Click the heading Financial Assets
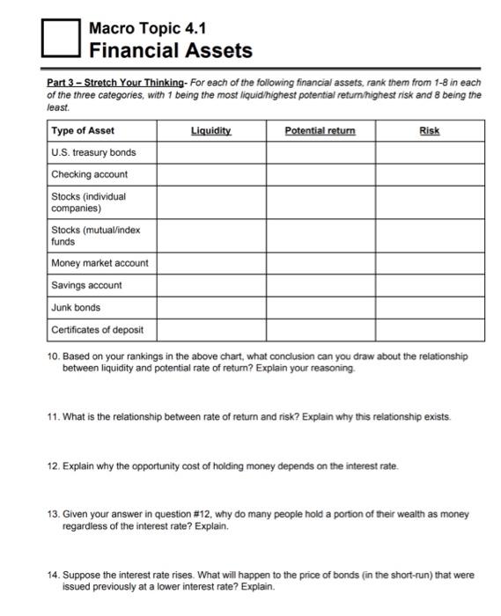click(x=171, y=51)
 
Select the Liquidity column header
click(x=210, y=130)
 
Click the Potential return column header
click(x=320, y=130)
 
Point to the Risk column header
click(x=429, y=130)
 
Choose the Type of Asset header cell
click(x=83, y=130)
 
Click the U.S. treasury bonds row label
click(x=93, y=152)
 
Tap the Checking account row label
click(x=89, y=174)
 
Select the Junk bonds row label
click(x=76, y=307)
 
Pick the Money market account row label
click(x=99, y=262)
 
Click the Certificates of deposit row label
click(x=98, y=330)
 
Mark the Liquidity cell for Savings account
click(x=211, y=285)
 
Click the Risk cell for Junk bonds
click(x=429, y=307)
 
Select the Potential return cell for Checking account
click(x=320, y=174)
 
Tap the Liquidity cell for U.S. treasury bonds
click(x=211, y=152)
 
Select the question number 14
click(x=54, y=575)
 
